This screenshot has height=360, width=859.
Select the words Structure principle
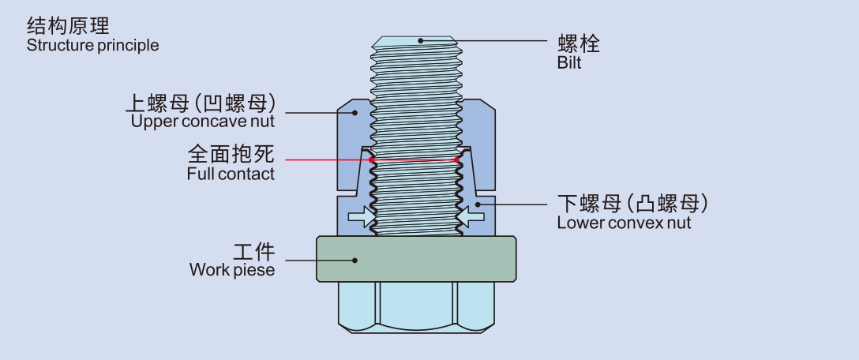click(x=92, y=46)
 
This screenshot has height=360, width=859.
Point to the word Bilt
click(x=568, y=63)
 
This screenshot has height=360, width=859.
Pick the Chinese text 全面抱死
click(x=231, y=153)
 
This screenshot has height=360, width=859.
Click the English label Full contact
click(x=231, y=173)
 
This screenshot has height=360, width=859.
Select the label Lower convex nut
click(x=624, y=223)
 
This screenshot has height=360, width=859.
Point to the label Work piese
click(x=232, y=270)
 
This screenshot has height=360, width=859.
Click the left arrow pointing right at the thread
click(x=361, y=216)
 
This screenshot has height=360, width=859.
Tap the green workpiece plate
click(x=418, y=259)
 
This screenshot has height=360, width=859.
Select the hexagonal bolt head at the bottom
click(x=418, y=308)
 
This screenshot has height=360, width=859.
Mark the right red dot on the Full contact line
click(x=457, y=161)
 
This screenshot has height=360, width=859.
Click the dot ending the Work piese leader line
click(x=355, y=260)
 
